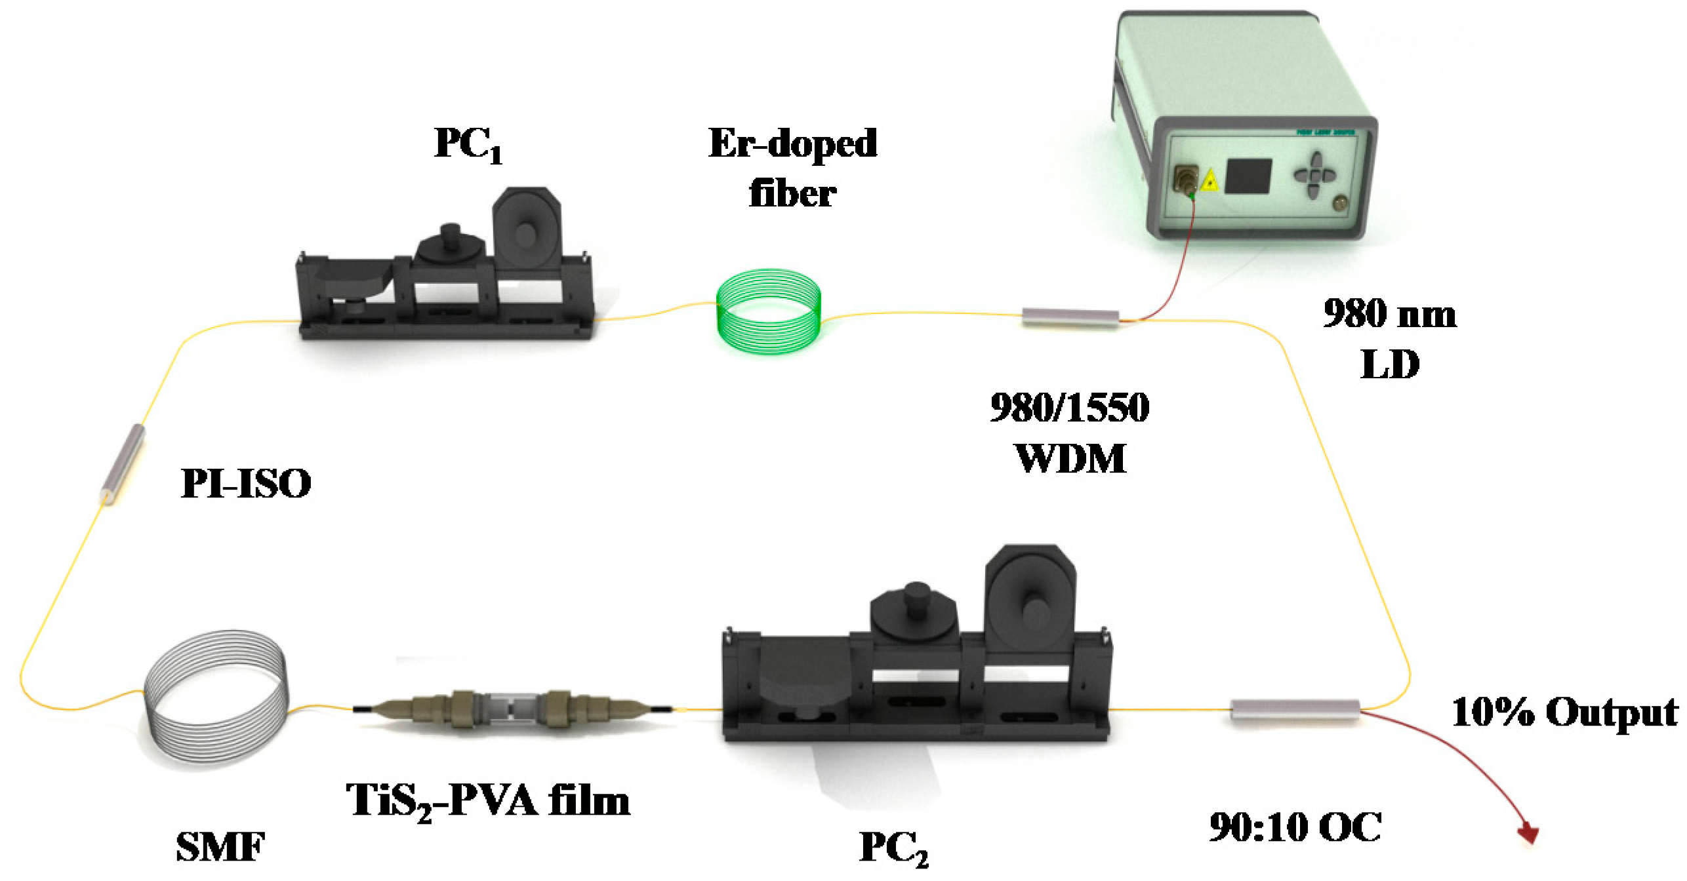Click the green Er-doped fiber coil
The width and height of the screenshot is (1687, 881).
tap(768, 311)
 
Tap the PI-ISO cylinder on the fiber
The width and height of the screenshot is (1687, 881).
tap(123, 464)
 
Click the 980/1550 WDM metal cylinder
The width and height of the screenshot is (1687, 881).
tap(1070, 318)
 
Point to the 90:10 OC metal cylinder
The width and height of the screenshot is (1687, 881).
tap(1295, 711)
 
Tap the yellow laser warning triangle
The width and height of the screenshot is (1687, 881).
tap(1209, 181)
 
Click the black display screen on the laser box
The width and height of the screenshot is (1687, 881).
tap(1248, 176)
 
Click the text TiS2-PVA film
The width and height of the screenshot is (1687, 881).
tap(488, 801)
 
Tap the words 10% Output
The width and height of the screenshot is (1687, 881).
tap(1564, 713)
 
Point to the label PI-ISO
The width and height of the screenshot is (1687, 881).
tap(246, 484)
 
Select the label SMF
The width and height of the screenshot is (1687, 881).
tap(221, 847)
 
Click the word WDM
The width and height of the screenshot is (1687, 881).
tap(1070, 458)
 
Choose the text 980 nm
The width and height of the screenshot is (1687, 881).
tap(1390, 313)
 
